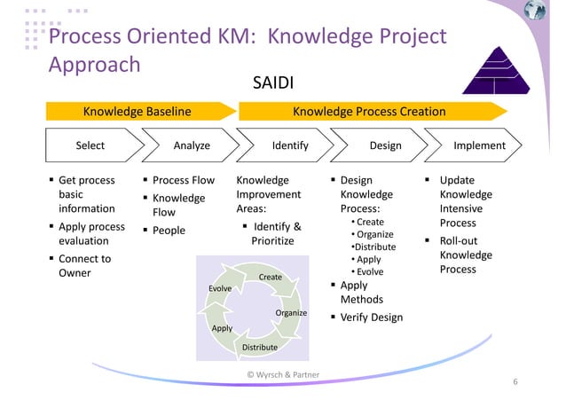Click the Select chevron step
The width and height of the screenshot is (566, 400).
coord(90,145)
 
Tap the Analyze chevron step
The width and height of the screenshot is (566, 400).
coord(192,145)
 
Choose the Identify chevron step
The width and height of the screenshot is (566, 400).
coord(289,145)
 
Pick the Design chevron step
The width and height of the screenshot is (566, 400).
coord(385,145)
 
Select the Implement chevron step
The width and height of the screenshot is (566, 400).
coord(479,145)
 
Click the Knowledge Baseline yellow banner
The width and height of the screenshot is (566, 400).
coord(138,112)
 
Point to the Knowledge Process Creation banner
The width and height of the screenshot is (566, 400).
coord(369,112)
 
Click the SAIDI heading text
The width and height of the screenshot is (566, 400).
coord(273,84)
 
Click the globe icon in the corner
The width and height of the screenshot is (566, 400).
coord(536,12)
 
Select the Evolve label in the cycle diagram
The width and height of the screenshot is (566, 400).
coord(220,289)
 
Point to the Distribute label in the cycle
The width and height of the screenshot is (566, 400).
coord(260,347)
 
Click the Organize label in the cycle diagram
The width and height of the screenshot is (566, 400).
coord(291,313)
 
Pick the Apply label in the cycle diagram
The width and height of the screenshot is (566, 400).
coord(222,328)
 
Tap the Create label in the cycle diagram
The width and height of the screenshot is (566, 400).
coord(271,278)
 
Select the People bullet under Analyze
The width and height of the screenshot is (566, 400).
coord(169,231)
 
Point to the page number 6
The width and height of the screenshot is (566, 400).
coord(515,382)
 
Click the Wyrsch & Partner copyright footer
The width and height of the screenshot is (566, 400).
coord(283,375)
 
